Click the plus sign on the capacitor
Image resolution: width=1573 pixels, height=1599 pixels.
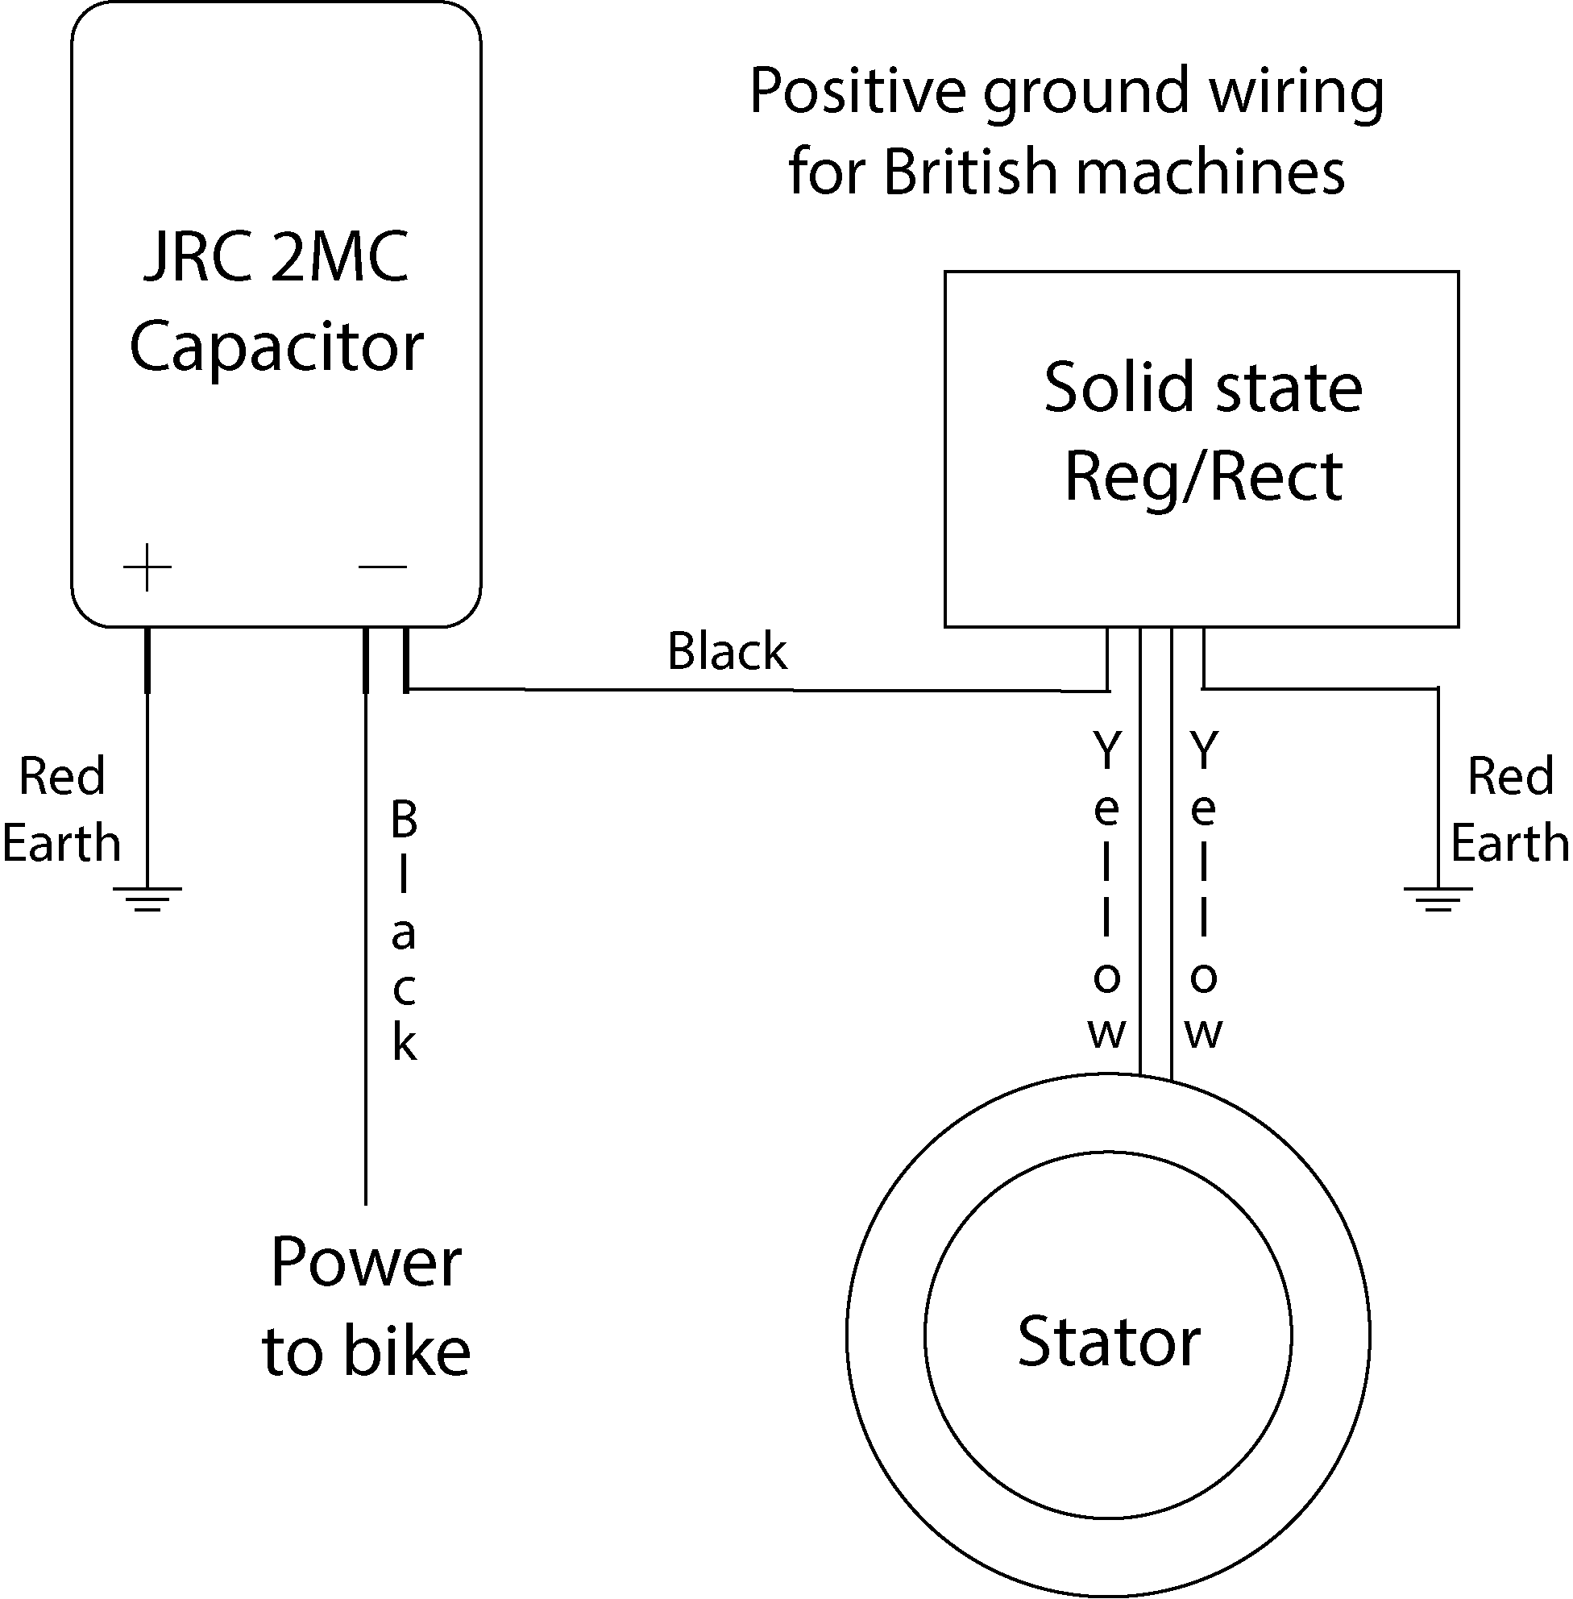tap(147, 567)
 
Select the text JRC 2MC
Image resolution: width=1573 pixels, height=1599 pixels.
tap(276, 257)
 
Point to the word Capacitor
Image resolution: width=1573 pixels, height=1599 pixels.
tap(276, 347)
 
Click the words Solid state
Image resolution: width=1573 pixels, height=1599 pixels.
tap(1202, 388)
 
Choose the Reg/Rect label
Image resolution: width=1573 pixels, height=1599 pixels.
tap(1202, 478)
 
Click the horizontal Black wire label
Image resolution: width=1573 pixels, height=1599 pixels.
tap(727, 651)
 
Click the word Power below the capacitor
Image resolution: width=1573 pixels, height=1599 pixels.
tap(366, 1263)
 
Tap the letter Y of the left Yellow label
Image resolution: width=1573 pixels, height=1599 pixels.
tap(1106, 750)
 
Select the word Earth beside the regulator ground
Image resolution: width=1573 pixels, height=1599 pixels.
tap(1509, 844)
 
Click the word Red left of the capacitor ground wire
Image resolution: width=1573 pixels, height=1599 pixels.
tap(62, 777)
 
